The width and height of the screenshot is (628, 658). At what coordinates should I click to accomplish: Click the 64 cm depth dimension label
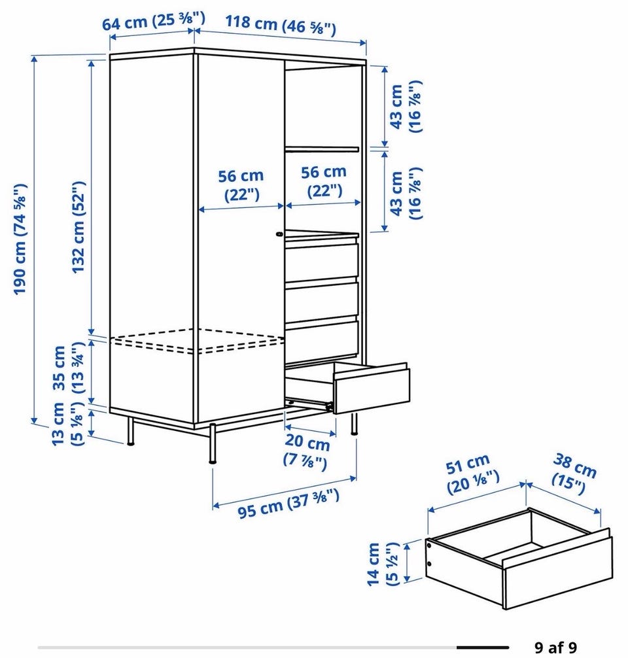click(154, 21)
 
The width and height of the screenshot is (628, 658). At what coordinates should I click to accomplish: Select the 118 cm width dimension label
click(281, 25)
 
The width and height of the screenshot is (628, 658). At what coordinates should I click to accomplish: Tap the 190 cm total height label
click(20, 239)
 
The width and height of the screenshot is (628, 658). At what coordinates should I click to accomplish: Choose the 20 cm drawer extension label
click(307, 451)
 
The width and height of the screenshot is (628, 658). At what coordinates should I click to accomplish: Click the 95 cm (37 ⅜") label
click(288, 504)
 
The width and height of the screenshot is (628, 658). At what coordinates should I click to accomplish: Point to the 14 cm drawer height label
click(381, 564)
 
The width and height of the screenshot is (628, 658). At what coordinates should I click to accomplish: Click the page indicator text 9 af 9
click(556, 647)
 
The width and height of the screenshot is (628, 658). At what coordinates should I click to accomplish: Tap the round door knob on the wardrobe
click(279, 235)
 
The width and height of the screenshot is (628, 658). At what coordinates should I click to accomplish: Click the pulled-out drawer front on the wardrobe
click(371, 389)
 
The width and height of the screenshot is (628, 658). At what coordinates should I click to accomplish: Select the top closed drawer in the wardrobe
click(322, 260)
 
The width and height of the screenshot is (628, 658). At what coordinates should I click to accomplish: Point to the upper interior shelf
click(322, 149)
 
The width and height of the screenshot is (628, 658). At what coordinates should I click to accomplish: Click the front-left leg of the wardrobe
click(213, 443)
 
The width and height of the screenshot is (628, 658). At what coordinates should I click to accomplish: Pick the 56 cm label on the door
click(241, 184)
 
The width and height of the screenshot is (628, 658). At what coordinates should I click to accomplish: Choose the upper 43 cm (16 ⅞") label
click(405, 107)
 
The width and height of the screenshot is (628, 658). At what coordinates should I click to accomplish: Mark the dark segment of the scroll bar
click(483, 648)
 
